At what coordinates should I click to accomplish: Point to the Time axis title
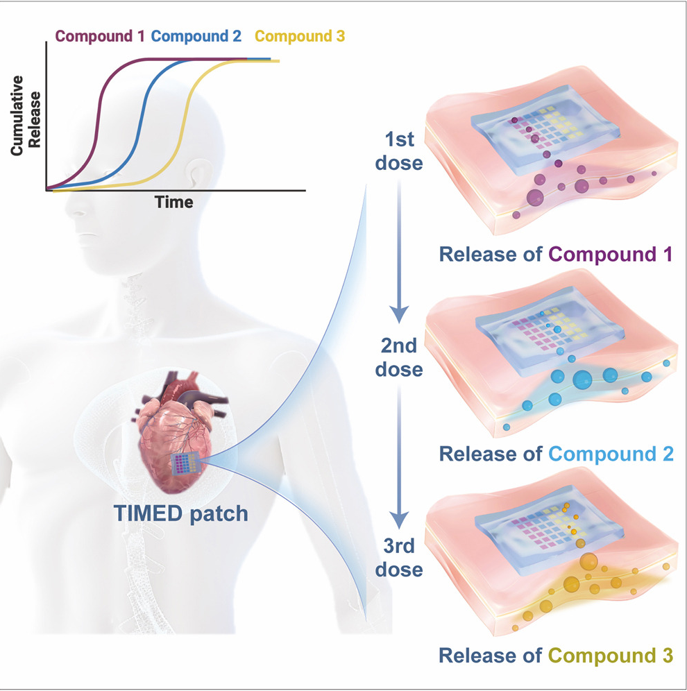[174, 202]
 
